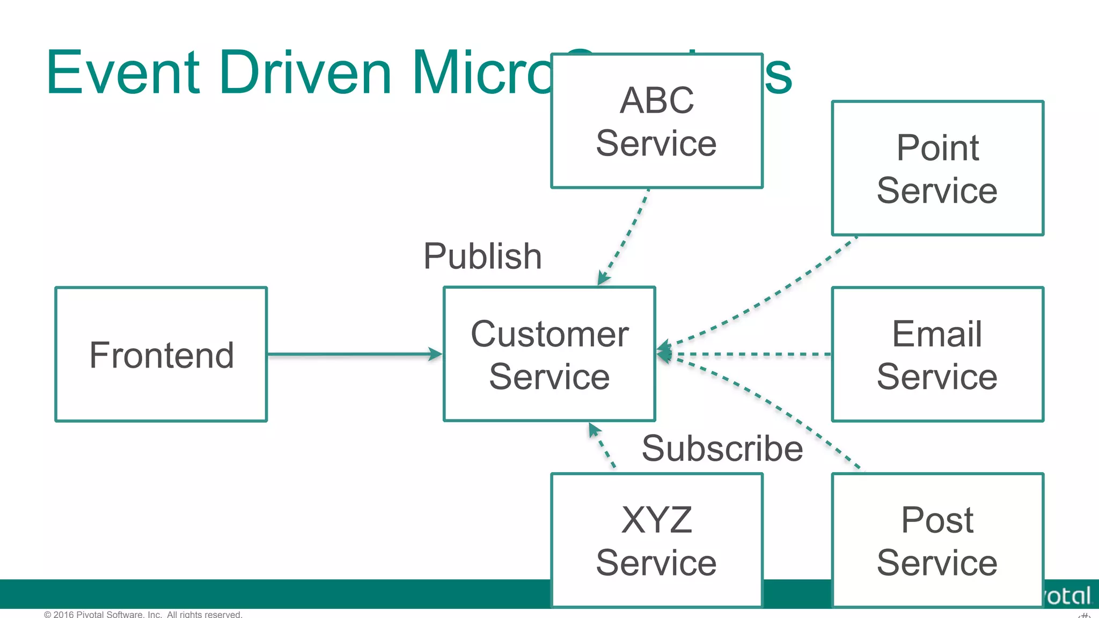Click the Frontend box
pos(161,354)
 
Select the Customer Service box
pos(549,354)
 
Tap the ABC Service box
pos(656,121)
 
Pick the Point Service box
pos(937,168)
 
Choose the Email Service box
pos(937,354)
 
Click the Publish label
pos(482,256)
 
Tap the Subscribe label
pos(722,448)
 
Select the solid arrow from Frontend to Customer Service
pos(349,354)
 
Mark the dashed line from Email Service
pos(751,354)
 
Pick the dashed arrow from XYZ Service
pos(602,445)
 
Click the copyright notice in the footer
pos(143,614)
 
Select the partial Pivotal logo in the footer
pos(1068,595)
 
